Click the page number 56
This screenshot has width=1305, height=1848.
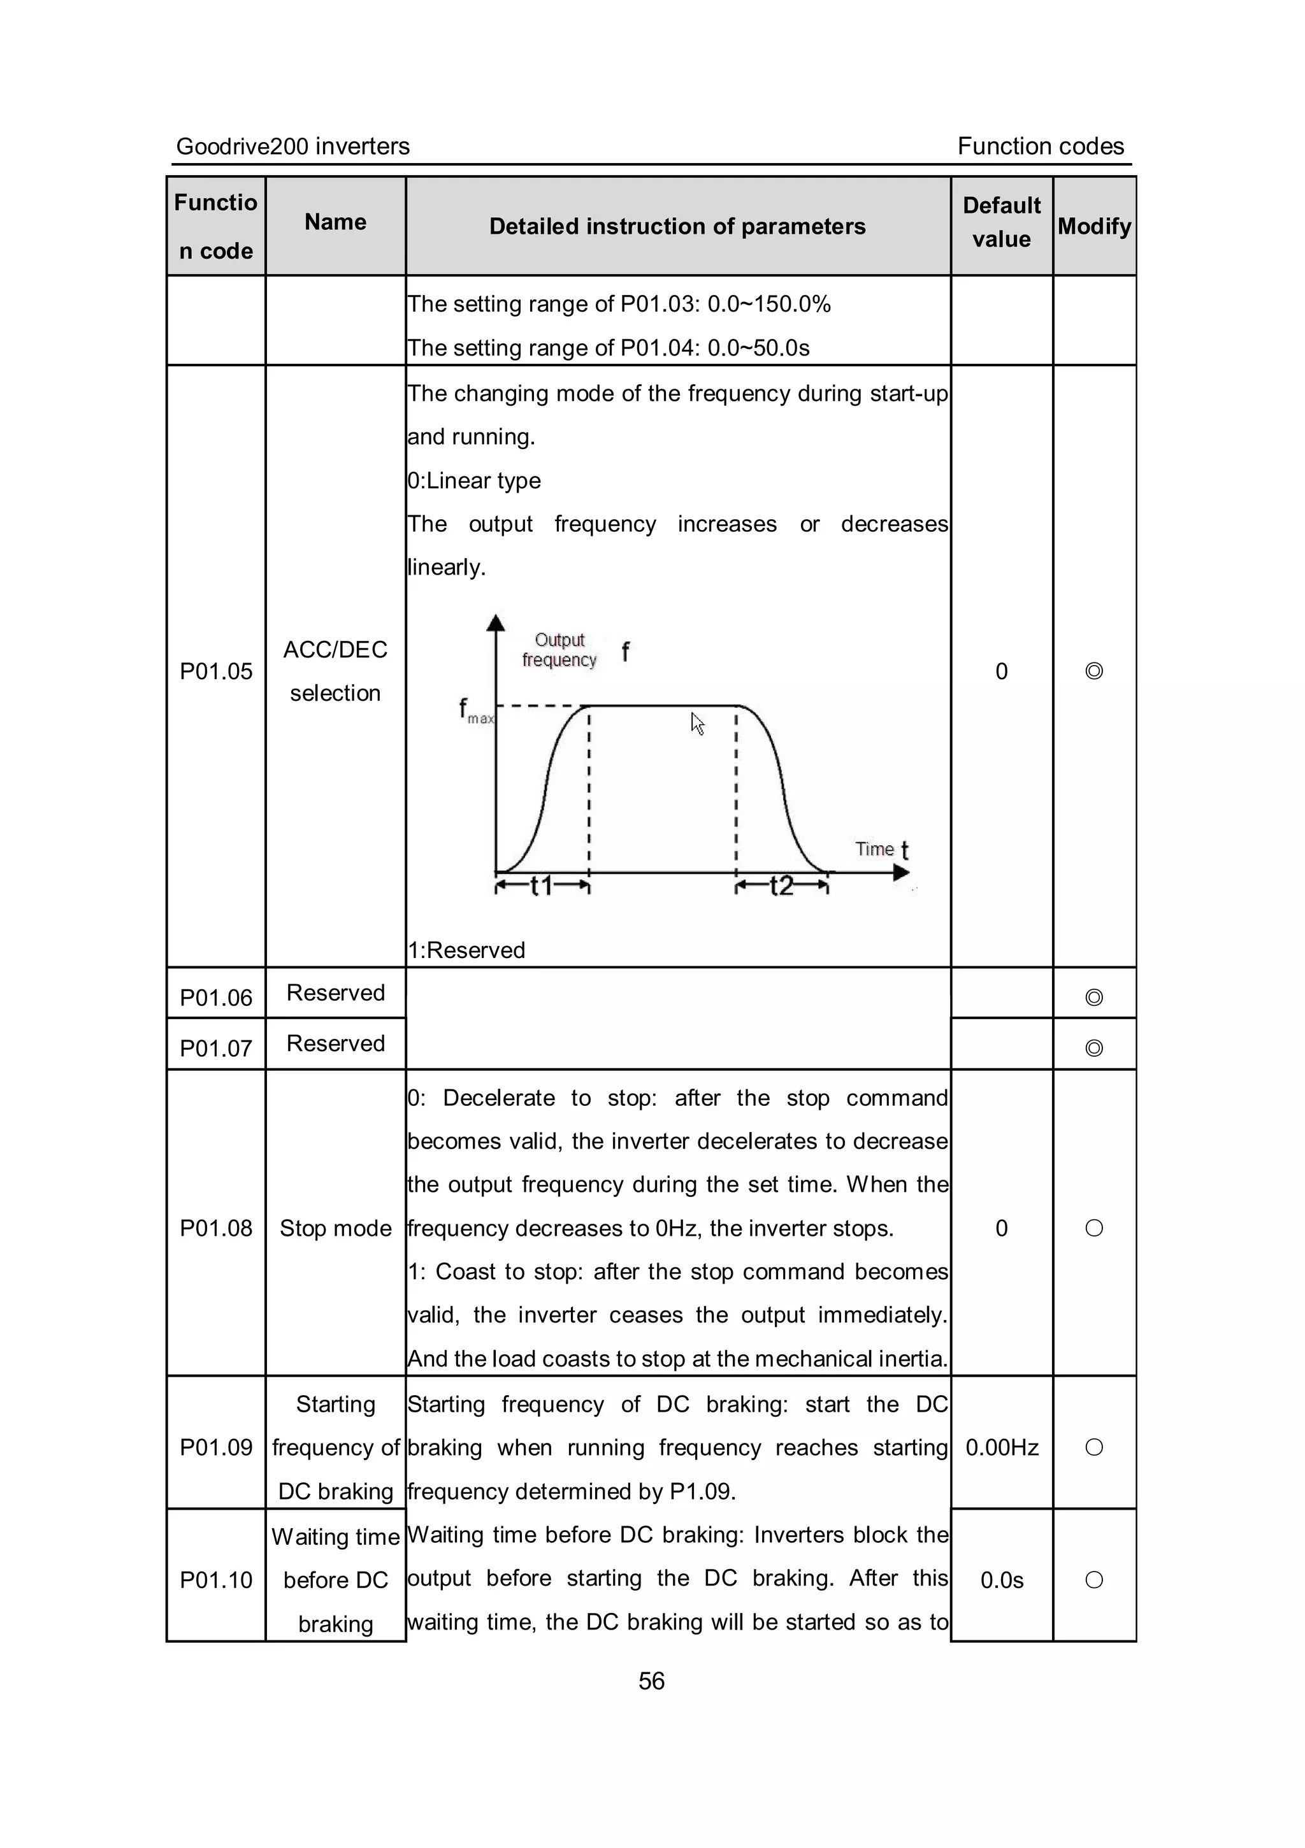(651, 1680)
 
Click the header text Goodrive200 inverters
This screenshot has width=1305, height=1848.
(293, 147)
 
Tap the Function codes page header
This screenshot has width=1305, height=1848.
(1040, 147)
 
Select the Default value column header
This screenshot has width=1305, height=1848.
(1002, 222)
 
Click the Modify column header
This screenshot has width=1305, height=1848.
(1094, 226)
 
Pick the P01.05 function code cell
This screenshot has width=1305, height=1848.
(216, 671)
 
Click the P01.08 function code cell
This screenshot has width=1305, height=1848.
(216, 1228)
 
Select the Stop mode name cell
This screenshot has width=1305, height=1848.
(336, 1228)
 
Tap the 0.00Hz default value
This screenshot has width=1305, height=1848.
(1002, 1448)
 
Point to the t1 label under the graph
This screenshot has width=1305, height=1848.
(542, 886)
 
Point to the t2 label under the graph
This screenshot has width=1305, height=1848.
(781, 886)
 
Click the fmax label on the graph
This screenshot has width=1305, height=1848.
(474, 712)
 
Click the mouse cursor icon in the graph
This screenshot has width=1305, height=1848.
(697, 724)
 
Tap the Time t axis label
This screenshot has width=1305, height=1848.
(881, 849)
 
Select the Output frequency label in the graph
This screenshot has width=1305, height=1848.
(559, 650)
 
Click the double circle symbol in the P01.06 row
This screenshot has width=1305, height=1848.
(1093, 997)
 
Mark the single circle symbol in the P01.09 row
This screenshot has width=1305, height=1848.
(1093, 1447)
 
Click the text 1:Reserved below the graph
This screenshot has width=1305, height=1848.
(466, 950)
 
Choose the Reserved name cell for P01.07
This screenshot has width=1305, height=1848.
(336, 1044)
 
